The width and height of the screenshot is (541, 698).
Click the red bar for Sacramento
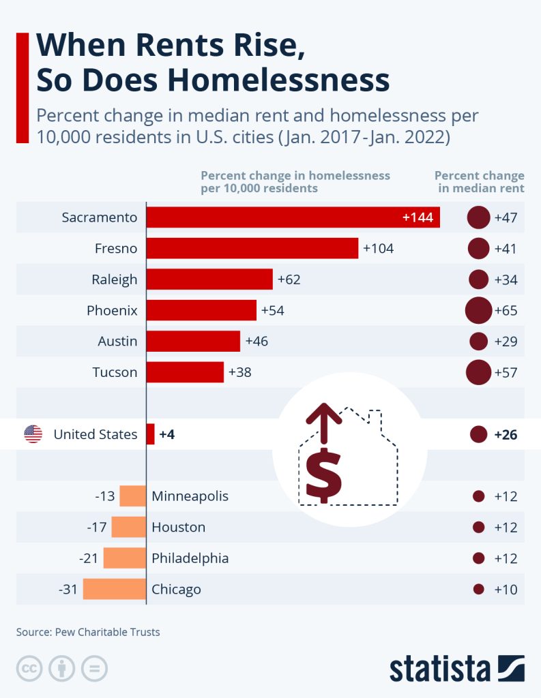coord(293,217)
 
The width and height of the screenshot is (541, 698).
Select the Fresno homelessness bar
coord(252,248)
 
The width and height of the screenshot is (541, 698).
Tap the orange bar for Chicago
coord(115,589)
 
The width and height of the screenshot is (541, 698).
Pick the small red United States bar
coord(151,434)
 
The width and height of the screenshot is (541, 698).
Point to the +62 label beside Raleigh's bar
coord(289,279)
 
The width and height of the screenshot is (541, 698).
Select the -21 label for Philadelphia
coord(89,558)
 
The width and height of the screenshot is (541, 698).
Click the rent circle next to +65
coord(478,311)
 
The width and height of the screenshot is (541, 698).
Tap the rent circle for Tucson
coord(478,372)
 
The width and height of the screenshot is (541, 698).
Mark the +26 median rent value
coord(506,434)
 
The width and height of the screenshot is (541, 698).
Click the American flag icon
coord(33,434)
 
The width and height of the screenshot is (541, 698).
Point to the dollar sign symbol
coord(324,473)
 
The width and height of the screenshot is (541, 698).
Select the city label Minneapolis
coord(190,496)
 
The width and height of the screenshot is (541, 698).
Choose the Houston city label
coord(178,527)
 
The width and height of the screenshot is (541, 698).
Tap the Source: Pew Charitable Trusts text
coord(88,632)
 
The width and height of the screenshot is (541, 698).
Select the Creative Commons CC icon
coord(29,668)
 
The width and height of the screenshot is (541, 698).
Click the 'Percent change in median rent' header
coord(480,181)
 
